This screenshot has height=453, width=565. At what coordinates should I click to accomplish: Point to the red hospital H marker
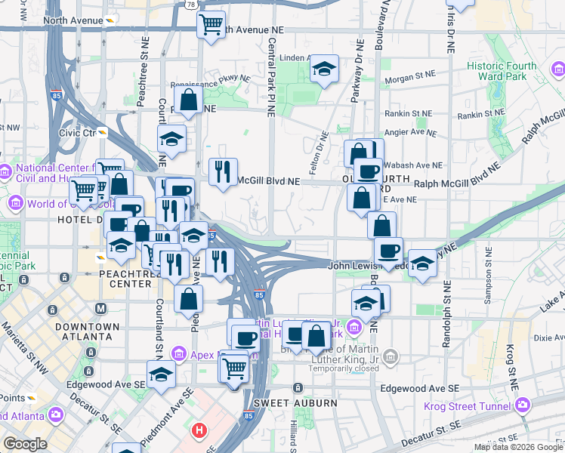point(199,430)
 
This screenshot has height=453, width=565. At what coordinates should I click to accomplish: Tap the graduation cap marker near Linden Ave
point(323,70)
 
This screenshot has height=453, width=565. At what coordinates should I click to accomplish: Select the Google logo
point(25,443)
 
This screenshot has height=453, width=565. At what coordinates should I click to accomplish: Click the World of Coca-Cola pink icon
point(16,204)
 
